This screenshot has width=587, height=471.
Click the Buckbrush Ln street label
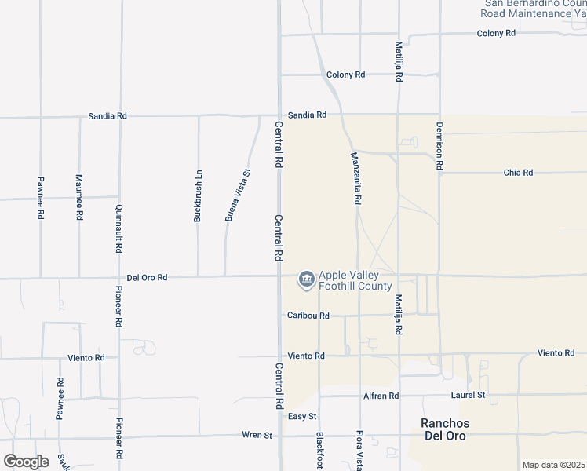tap(199, 196)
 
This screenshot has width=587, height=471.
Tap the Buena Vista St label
tap(238, 195)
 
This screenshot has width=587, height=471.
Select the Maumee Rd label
tap(79, 197)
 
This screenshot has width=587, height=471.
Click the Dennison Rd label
tap(439, 147)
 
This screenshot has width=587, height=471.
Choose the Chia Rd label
tap(518, 173)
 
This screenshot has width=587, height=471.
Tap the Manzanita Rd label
tap(355, 178)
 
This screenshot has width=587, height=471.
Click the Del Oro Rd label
tap(147, 278)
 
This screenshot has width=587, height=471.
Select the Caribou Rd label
tap(308, 316)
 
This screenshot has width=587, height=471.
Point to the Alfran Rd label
tap(382, 396)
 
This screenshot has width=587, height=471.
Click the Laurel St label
tap(469, 396)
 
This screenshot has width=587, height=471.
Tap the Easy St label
tap(302, 416)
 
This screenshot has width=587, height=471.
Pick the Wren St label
tap(257, 435)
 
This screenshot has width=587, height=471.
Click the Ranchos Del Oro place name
tap(444, 429)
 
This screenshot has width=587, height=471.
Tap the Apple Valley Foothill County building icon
tap(305, 279)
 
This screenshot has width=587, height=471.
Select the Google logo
tap(26, 462)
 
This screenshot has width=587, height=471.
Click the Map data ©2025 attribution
tap(553, 465)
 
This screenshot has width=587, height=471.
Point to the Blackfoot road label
tap(319, 451)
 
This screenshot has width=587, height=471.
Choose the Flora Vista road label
tap(359, 451)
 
